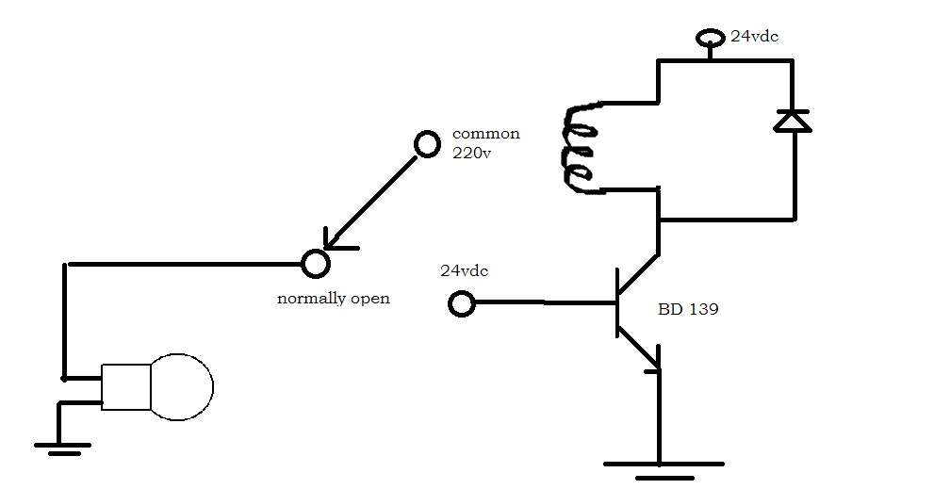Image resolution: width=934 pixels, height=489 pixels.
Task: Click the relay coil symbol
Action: pyautogui.click(x=580, y=149)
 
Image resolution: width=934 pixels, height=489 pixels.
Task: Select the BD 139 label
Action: pyautogui.click(x=688, y=308)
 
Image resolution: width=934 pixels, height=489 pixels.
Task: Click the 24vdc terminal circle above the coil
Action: pyautogui.click(x=709, y=39)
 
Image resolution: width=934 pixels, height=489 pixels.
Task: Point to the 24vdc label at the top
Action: pyautogui.click(x=754, y=38)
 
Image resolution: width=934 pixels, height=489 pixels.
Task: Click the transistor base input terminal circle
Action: pyautogui.click(x=461, y=303)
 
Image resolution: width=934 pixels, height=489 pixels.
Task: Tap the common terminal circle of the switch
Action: pyautogui.click(x=427, y=144)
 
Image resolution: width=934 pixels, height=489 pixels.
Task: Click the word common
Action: pyautogui.click(x=485, y=134)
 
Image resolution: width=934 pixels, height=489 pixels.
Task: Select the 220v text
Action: pyautogui.click(x=471, y=154)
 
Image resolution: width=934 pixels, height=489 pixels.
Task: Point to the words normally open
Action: pyautogui.click(x=333, y=299)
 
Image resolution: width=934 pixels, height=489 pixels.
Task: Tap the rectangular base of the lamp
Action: pyautogui.click(x=126, y=386)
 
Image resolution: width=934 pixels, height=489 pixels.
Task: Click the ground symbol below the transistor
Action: pyautogui.click(x=662, y=466)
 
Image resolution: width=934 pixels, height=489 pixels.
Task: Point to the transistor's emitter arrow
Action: pyautogui.click(x=650, y=359)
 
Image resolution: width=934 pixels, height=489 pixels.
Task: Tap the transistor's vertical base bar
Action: pyautogui.click(x=617, y=303)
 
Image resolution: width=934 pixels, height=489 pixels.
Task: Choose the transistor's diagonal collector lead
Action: pyautogui.click(x=638, y=276)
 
